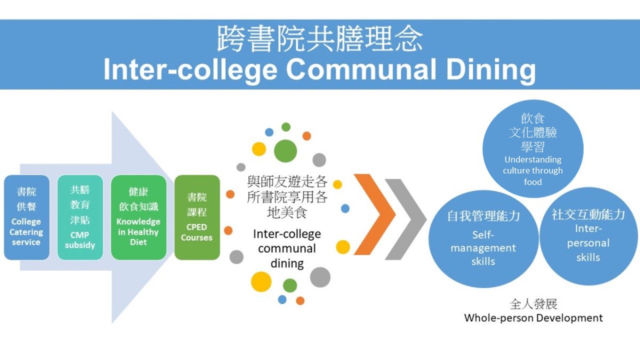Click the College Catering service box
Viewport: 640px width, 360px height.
26,217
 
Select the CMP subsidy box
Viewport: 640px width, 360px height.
80,217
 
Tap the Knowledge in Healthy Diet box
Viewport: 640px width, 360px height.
138,217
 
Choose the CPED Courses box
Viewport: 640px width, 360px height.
197,217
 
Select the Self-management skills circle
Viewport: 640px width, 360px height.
483,239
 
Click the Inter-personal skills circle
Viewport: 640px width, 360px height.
588,236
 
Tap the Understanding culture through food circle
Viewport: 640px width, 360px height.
533,148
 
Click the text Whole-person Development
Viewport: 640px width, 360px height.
533,318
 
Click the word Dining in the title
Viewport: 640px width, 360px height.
491,70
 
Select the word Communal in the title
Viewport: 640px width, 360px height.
361,69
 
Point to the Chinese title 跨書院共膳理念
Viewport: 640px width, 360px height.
319,38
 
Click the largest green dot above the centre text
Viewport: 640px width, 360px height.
285,151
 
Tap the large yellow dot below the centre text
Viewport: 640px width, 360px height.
261,281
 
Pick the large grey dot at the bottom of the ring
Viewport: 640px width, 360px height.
320,277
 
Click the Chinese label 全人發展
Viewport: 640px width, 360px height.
533,304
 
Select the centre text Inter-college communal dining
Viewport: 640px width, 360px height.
287,248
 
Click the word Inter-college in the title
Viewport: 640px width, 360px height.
190,70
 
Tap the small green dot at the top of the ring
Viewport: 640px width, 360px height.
286,127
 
